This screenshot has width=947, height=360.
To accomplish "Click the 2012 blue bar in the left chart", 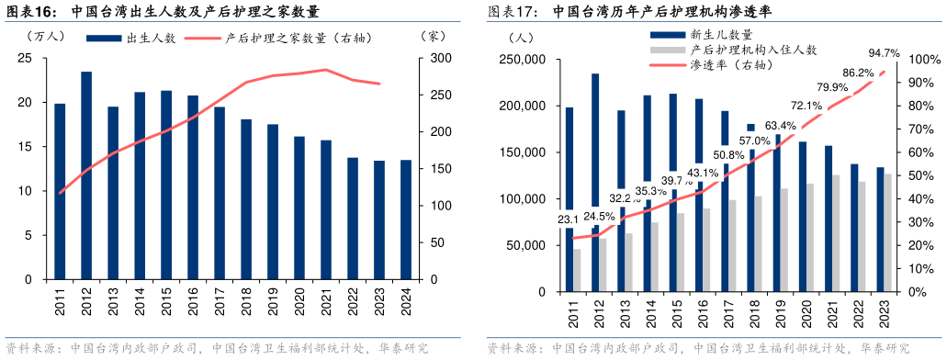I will (86, 174).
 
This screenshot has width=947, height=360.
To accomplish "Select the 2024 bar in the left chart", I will (406, 219).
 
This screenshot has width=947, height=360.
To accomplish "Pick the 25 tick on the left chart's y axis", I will (25, 59).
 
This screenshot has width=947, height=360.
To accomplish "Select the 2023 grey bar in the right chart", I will (887, 232).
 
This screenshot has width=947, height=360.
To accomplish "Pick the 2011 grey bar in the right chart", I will (576, 270).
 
